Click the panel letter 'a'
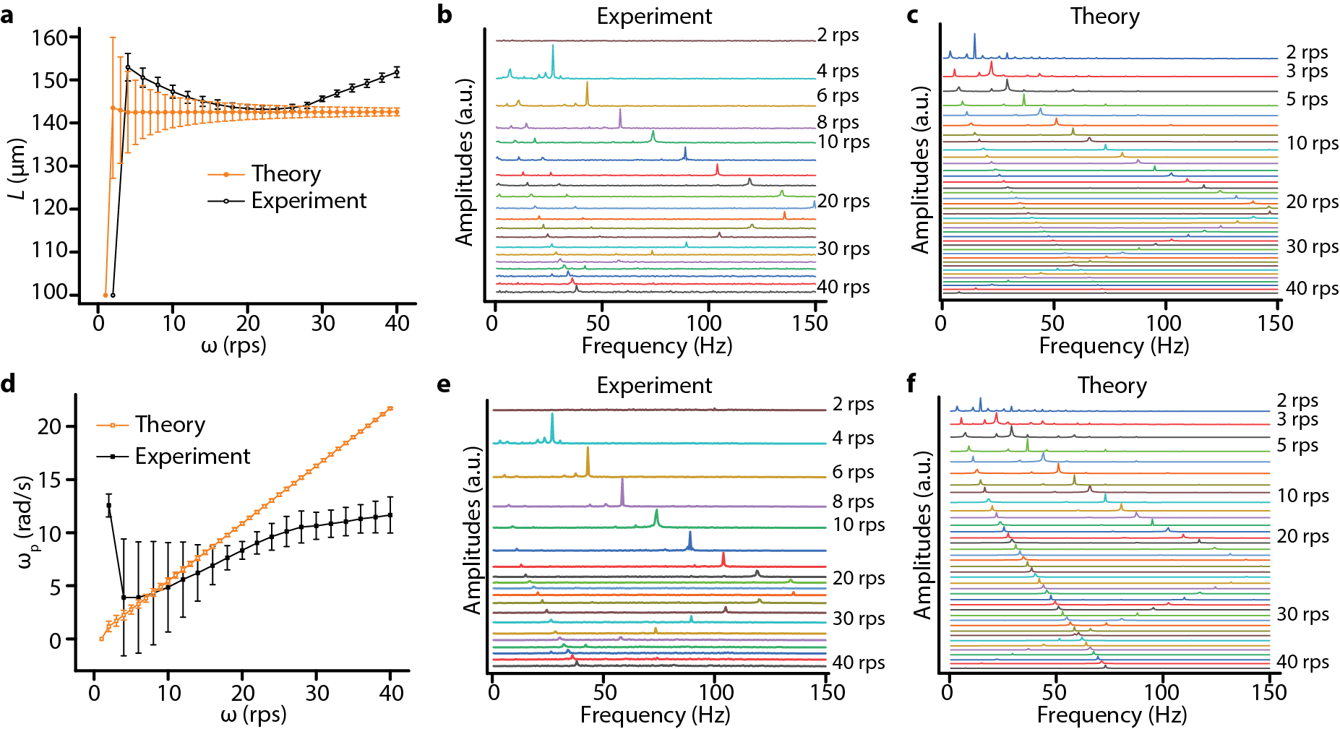point(7,14)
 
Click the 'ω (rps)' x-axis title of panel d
point(253,715)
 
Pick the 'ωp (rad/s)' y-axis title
point(27,522)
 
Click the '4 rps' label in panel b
point(838,71)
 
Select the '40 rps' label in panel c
point(1312,288)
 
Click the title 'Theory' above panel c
point(1104,16)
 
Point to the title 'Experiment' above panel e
point(654,385)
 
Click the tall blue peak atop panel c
point(974,42)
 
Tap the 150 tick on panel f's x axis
point(1269,692)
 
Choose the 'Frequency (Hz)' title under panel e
point(655,715)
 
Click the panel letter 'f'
point(912,384)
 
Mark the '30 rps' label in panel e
point(859,618)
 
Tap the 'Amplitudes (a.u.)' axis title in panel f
point(922,535)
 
